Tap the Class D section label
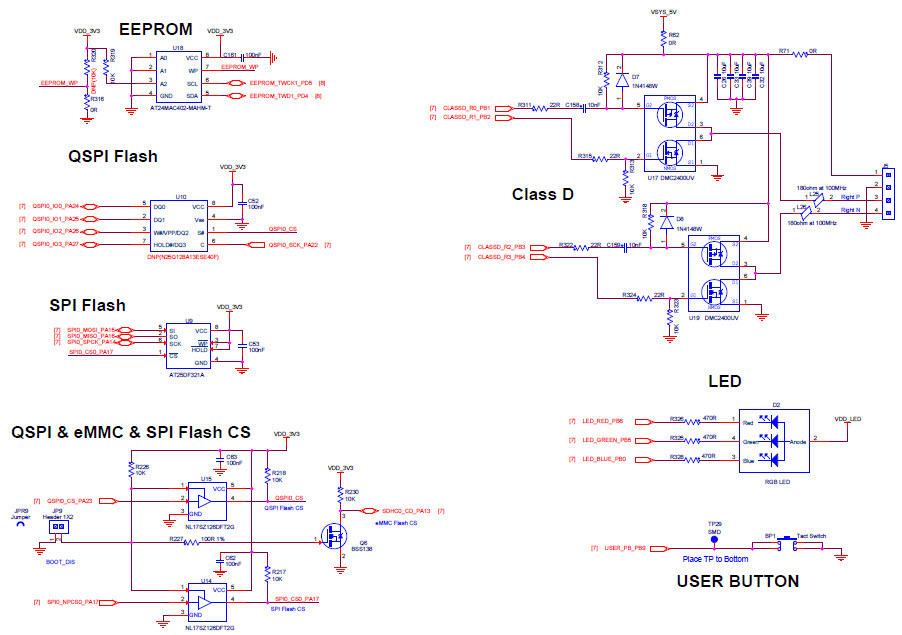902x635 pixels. [542, 194]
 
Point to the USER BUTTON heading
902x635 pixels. [737, 581]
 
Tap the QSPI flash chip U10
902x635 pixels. [180, 225]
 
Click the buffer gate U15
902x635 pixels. [207, 499]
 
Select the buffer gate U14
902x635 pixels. [207, 601]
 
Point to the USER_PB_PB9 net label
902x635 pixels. [625, 548]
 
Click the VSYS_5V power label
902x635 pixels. [663, 13]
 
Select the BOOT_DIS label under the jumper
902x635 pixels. [61, 562]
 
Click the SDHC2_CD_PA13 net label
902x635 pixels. [406, 511]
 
